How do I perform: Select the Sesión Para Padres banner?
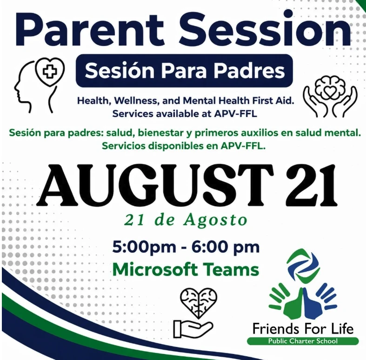184,71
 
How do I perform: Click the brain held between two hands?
330,97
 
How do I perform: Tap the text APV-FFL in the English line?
236,114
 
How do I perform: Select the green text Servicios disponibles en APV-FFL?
184,146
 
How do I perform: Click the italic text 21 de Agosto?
186,220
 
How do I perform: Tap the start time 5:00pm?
144,247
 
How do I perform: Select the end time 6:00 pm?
226,247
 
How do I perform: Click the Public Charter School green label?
303,341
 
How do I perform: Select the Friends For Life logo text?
303,329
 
